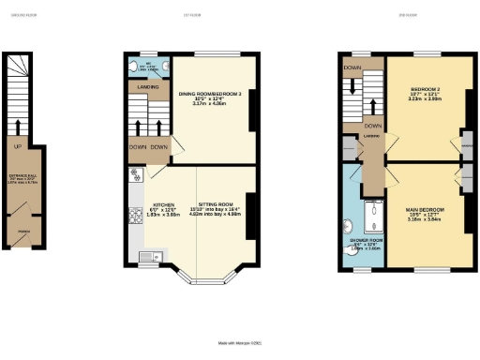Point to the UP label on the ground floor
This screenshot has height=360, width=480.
(18, 145)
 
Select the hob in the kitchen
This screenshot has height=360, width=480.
(137, 174)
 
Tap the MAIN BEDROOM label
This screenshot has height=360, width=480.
(425, 209)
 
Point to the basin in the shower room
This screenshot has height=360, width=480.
(348, 224)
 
